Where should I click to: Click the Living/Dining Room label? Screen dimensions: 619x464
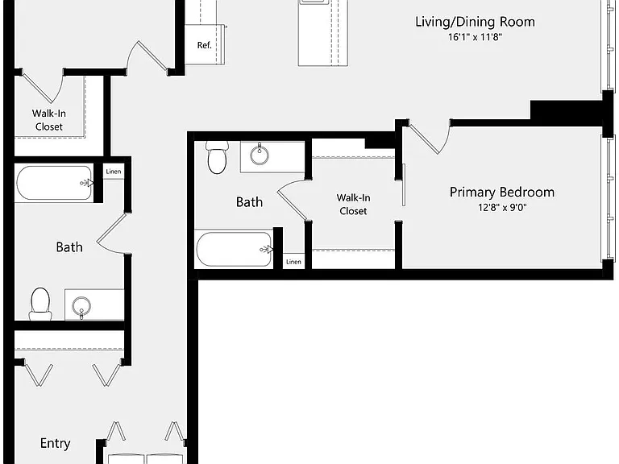[475, 22]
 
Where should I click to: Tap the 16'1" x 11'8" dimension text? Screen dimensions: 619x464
[476, 37]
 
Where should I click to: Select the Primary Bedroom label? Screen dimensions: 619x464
[502, 193]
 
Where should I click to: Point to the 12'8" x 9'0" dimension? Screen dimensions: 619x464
[502, 207]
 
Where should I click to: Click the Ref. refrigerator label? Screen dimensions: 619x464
[205, 45]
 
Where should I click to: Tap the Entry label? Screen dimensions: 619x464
[56, 443]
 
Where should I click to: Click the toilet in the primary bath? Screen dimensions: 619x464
[217, 157]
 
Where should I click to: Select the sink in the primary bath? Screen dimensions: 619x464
[260, 155]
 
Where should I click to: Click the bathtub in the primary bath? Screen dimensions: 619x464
[235, 249]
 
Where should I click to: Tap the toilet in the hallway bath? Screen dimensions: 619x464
[40, 304]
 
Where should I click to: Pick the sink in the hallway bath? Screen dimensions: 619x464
[81, 307]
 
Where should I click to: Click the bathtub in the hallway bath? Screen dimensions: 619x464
[55, 183]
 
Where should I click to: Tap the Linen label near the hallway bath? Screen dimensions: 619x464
[114, 172]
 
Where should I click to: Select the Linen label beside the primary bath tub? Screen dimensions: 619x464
[293, 262]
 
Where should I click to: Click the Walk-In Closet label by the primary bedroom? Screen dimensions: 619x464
[353, 205]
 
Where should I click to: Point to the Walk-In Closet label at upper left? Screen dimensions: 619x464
[49, 120]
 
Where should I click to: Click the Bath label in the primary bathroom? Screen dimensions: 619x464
[249, 202]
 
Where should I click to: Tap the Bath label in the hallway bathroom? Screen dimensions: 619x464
[69, 247]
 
